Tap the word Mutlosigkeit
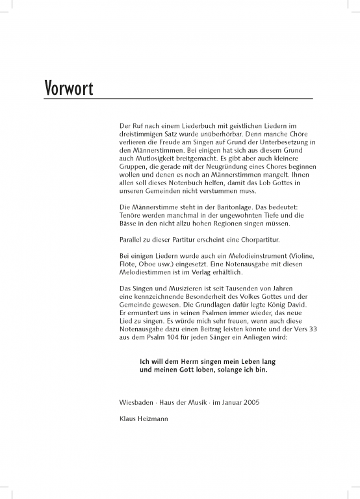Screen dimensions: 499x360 click(150, 159)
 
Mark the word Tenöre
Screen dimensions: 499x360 click(123, 215)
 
